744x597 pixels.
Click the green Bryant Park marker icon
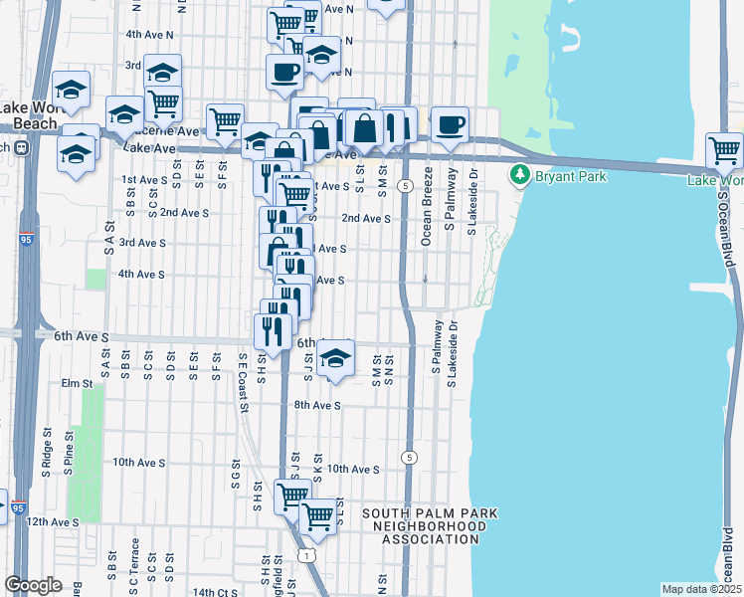tap(518, 176)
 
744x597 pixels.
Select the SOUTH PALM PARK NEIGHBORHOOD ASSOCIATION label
tap(430, 526)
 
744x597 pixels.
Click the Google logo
tap(33, 585)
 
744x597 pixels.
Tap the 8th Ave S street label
tap(317, 405)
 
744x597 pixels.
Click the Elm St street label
tap(77, 382)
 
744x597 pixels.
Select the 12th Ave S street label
tap(53, 521)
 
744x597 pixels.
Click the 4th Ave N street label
tap(149, 34)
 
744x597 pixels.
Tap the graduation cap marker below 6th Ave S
tap(336, 359)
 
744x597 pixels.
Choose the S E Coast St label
tap(242, 378)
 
